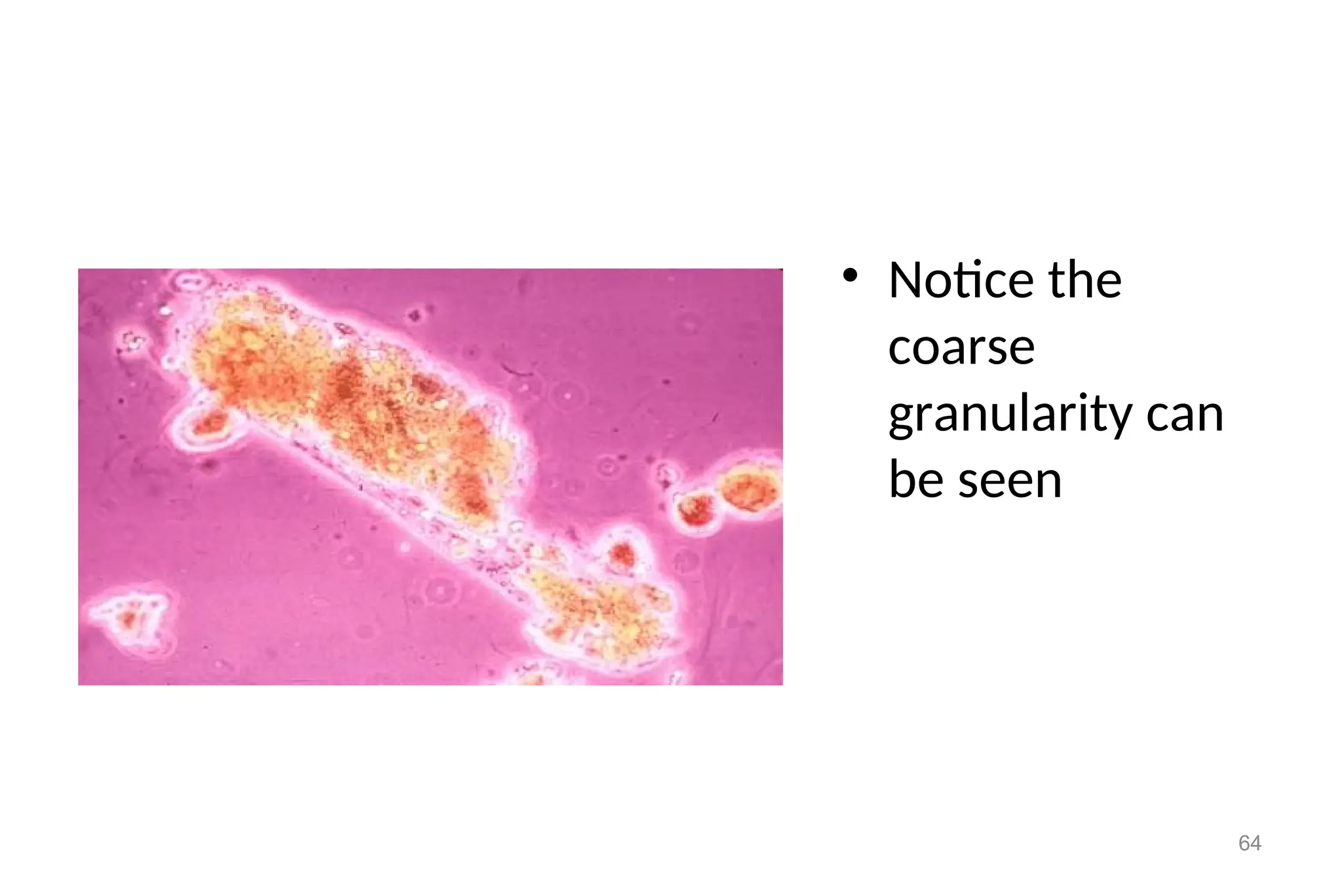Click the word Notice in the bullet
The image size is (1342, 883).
(x=961, y=280)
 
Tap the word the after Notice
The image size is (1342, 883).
(x=1085, y=280)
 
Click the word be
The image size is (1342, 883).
(x=916, y=479)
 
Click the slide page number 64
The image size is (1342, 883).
(x=1250, y=843)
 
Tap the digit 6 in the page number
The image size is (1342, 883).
(x=1244, y=843)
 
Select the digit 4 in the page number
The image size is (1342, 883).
(x=1256, y=843)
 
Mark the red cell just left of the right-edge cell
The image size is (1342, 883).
(x=697, y=509)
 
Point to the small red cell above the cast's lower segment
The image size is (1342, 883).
(x=622, y=555)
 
